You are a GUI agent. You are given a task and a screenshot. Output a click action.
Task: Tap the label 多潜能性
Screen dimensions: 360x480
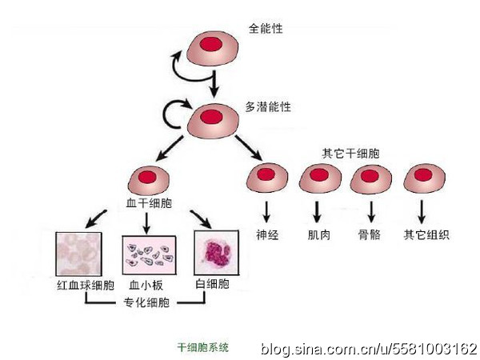click(268, 106)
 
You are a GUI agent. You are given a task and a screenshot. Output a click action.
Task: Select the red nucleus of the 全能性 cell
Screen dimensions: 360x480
click(213, 43)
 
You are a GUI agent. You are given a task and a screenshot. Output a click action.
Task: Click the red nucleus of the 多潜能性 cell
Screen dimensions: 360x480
click(211, 117)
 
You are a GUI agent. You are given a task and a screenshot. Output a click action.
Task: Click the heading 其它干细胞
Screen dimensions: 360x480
click(346, 153)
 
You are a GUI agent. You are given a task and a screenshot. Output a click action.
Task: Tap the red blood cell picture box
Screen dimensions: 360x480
click(77, 254)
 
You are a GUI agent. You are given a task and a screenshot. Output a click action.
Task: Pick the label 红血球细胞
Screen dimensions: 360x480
click(82, 286)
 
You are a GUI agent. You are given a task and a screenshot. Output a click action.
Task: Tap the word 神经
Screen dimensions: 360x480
click(266, 235)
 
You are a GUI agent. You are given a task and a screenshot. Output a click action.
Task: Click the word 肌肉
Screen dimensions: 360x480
click(318, 235)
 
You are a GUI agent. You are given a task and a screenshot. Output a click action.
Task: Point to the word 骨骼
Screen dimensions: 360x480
click(369, 235)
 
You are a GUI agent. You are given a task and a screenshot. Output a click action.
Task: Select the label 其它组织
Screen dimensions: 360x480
click(426, 235)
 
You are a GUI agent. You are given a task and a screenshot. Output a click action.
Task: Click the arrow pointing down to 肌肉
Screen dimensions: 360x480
click(318, 211)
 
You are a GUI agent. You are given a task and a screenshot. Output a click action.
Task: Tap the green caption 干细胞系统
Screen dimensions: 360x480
click(202, 348)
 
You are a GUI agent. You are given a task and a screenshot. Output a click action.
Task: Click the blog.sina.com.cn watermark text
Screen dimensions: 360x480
click(368, 350)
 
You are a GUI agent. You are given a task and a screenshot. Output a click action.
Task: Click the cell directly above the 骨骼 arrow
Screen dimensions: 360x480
click(370, 180)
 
